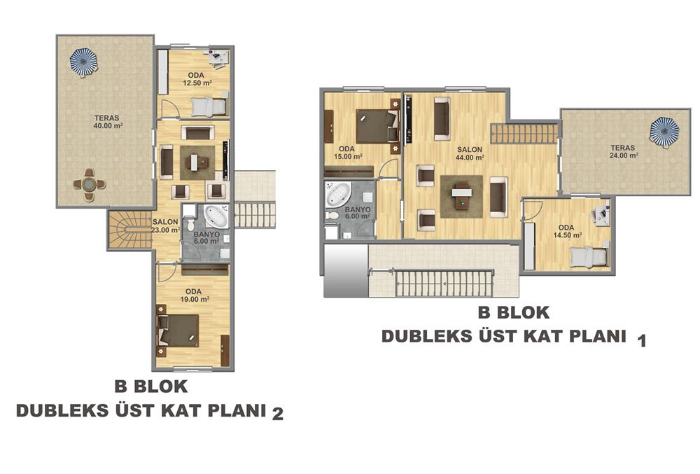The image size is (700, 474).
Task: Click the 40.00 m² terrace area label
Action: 107,122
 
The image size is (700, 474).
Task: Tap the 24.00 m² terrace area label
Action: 624,152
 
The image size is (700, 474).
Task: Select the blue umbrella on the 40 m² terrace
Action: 83,62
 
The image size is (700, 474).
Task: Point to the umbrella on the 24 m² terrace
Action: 664,131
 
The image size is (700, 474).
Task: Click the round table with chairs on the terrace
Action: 90,184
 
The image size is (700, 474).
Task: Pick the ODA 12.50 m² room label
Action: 197,79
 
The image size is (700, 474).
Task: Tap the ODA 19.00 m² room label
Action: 195,295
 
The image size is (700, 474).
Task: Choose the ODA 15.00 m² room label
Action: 348,153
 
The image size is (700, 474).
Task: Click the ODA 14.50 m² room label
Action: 568,231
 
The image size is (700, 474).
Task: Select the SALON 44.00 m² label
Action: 470,153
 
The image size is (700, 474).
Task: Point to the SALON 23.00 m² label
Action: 166,226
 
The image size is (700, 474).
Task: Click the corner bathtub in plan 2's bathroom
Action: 216,216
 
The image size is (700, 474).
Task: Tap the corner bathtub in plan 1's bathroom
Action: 338,194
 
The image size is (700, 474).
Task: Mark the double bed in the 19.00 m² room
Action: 179,330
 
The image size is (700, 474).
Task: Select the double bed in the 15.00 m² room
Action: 377,127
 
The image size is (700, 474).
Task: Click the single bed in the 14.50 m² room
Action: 589,257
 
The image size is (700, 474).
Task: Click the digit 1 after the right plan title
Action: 642,341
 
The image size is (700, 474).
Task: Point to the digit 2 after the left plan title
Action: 278,414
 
